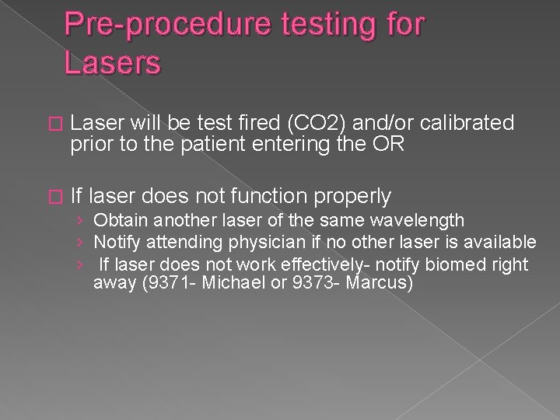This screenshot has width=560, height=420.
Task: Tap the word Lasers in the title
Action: (x=113, y=63)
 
